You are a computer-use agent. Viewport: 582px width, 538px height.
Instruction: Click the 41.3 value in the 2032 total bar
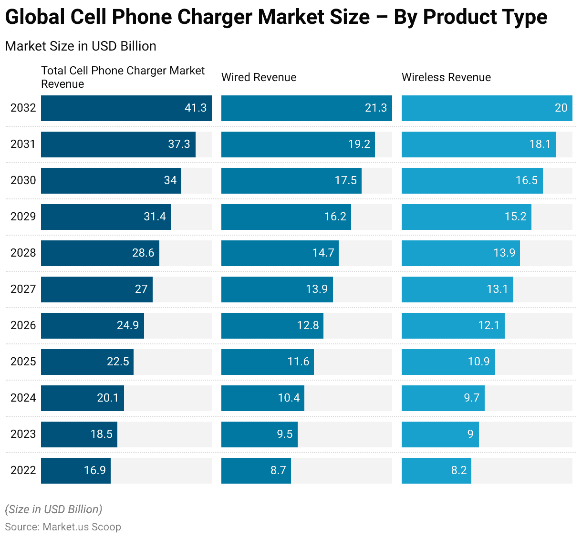[196, 108]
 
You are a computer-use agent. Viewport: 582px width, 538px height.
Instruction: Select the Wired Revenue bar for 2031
[298, 145]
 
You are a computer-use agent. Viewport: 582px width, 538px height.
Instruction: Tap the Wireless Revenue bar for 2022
[436, 471]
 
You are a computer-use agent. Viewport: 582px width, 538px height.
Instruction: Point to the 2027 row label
[23, 289]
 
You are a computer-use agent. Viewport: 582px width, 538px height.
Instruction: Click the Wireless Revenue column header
[446, 77]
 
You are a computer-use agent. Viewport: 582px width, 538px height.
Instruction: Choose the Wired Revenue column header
[259, 77]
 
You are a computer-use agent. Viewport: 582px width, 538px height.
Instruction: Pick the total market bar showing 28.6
[100, 253]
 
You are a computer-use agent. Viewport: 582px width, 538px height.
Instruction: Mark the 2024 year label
[23, 398]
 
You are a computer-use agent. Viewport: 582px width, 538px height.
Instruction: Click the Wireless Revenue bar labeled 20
[487, 108]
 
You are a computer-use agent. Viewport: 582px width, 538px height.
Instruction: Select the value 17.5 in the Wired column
[346, 180]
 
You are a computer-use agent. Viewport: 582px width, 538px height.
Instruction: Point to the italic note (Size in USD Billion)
[53, 509]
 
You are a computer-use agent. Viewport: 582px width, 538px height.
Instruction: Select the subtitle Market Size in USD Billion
[81, 46]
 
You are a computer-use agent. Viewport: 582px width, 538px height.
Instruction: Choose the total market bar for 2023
[79, 435]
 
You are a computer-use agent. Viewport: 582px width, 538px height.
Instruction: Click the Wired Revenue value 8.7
[278, 470]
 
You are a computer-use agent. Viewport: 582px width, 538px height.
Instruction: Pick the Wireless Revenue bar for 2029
[466, 217]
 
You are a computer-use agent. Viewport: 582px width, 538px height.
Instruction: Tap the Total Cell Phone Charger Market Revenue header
[123, 77]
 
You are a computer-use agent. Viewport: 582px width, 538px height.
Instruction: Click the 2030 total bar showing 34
[111, 181]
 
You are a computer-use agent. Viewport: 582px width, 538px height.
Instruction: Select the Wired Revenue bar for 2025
[267, 362]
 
